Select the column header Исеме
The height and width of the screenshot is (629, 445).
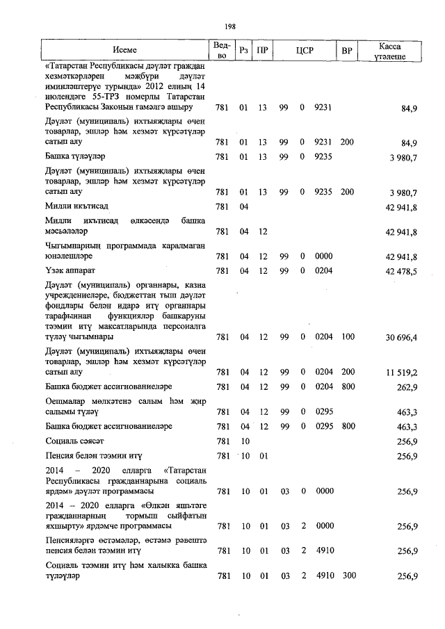click(x=125, y=50)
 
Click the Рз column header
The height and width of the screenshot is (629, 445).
click(x=243, y=50)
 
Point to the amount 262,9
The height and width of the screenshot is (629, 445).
click(x=406, y=386)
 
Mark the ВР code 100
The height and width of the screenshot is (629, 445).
click(x=348, y=337)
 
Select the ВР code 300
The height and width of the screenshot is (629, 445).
click(x=348, y=576)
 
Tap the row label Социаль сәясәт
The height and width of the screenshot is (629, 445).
click(x=74, y=441)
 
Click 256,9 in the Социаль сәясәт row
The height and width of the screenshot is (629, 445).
click(x=406, y=441)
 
